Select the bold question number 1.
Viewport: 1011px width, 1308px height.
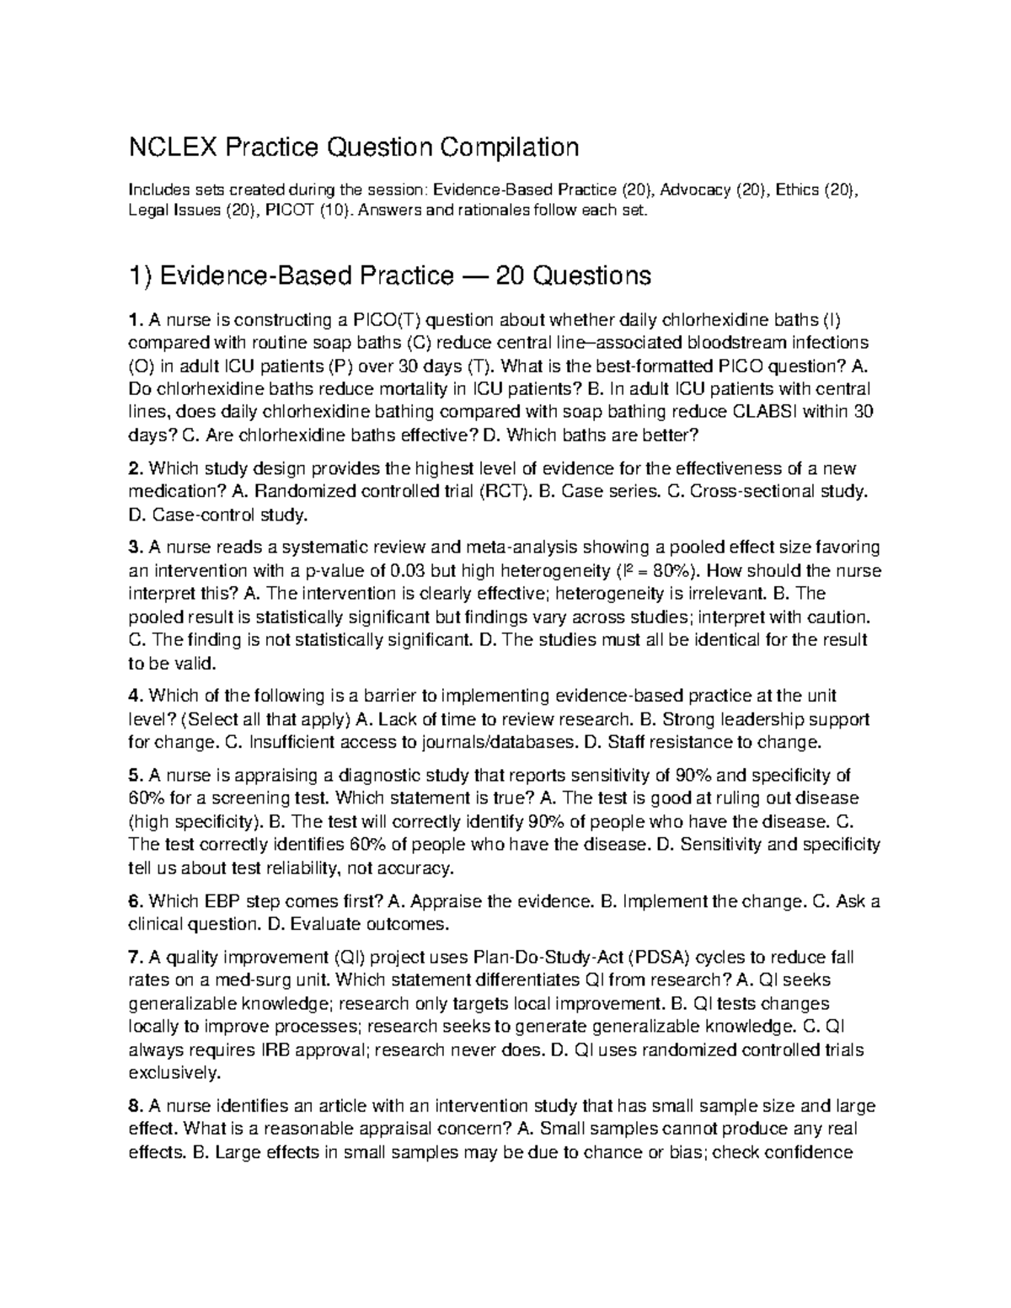[132, 320]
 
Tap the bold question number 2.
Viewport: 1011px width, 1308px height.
[133, 468]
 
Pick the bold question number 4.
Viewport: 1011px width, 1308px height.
[133, 696]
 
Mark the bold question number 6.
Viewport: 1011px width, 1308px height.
[133, 901]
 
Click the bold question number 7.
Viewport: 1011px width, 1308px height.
[133, 958]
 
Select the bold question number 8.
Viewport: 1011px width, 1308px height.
[133, 1106]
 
